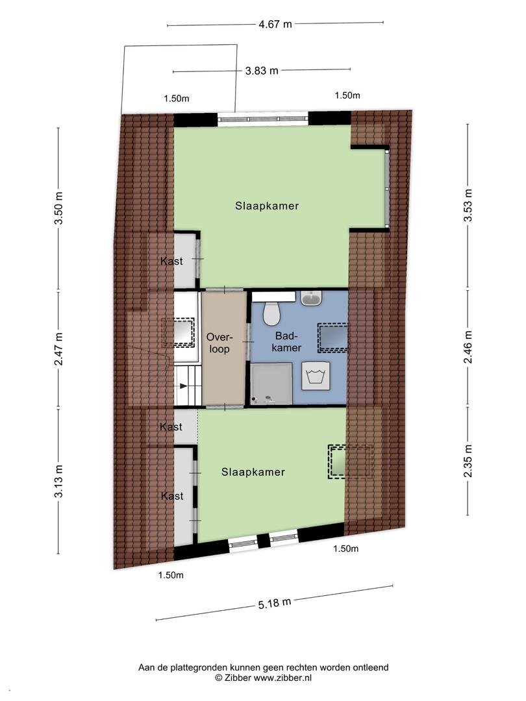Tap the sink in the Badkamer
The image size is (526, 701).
(312, 298)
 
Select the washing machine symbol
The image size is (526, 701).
(316, 376)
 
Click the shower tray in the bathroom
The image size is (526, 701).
(271, 384)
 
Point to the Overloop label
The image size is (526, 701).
(219, 343)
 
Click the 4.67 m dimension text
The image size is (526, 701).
(275, 24)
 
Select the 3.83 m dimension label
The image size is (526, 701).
(262, 71)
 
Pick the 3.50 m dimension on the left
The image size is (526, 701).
(59, 209)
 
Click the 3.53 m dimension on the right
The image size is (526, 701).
(468, 205)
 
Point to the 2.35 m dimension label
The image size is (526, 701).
(468, 461)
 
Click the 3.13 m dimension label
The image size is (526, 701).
(59, 481)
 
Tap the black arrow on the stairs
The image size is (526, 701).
(183, 386)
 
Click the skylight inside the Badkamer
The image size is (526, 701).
(332, 337)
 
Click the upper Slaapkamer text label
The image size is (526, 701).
(267, 206)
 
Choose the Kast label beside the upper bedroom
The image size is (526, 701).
(171, 261)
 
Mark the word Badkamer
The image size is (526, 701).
(286, 342)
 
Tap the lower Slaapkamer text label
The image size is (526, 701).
(253, 472)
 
